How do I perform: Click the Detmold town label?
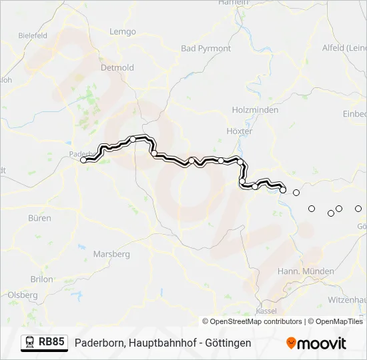tap(117, 68)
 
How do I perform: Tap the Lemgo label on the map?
tap(122, 31)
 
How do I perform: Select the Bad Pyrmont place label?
tap(206, 49)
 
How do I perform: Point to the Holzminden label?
tap(250, 109)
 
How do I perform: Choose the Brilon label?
tap(41, 279)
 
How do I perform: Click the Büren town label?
tap(40, 218)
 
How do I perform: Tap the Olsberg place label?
tap(23, 295)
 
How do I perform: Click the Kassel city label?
tap(266, 311)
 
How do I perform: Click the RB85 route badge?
tap(51, 343)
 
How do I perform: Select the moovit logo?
tap(316, 343)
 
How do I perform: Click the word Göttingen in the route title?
tap(229, 343)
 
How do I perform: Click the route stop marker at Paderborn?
tap(83, 160)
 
